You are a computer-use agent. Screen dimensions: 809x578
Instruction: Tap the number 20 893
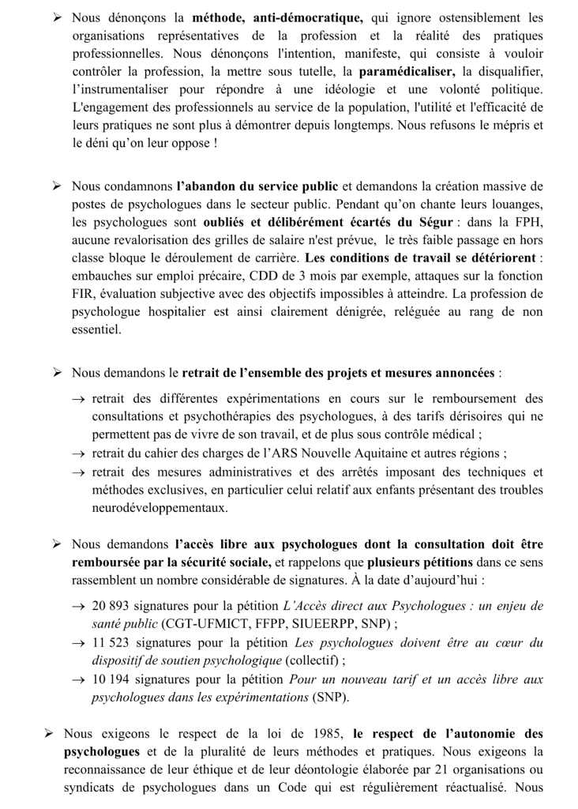tap(113, 605)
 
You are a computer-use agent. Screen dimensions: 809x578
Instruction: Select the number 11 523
tap(113, 642)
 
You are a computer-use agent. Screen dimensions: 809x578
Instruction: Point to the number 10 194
tap(113, 679)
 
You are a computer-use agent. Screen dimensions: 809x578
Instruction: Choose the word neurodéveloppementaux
tap(160, 507)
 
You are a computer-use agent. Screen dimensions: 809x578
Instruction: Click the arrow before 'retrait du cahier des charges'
tap(78, 453)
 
